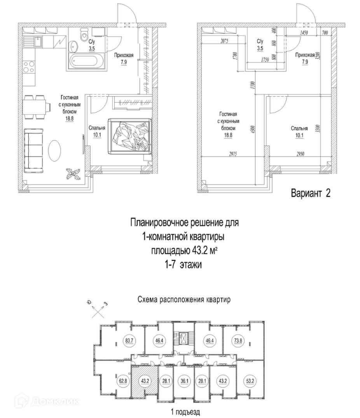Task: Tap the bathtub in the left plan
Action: pos(86,62)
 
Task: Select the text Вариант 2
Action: pos(311,193)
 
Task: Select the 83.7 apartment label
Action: pos(130,341)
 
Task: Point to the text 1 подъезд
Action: pos(182,411)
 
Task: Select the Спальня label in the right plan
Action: pos(299,129)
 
